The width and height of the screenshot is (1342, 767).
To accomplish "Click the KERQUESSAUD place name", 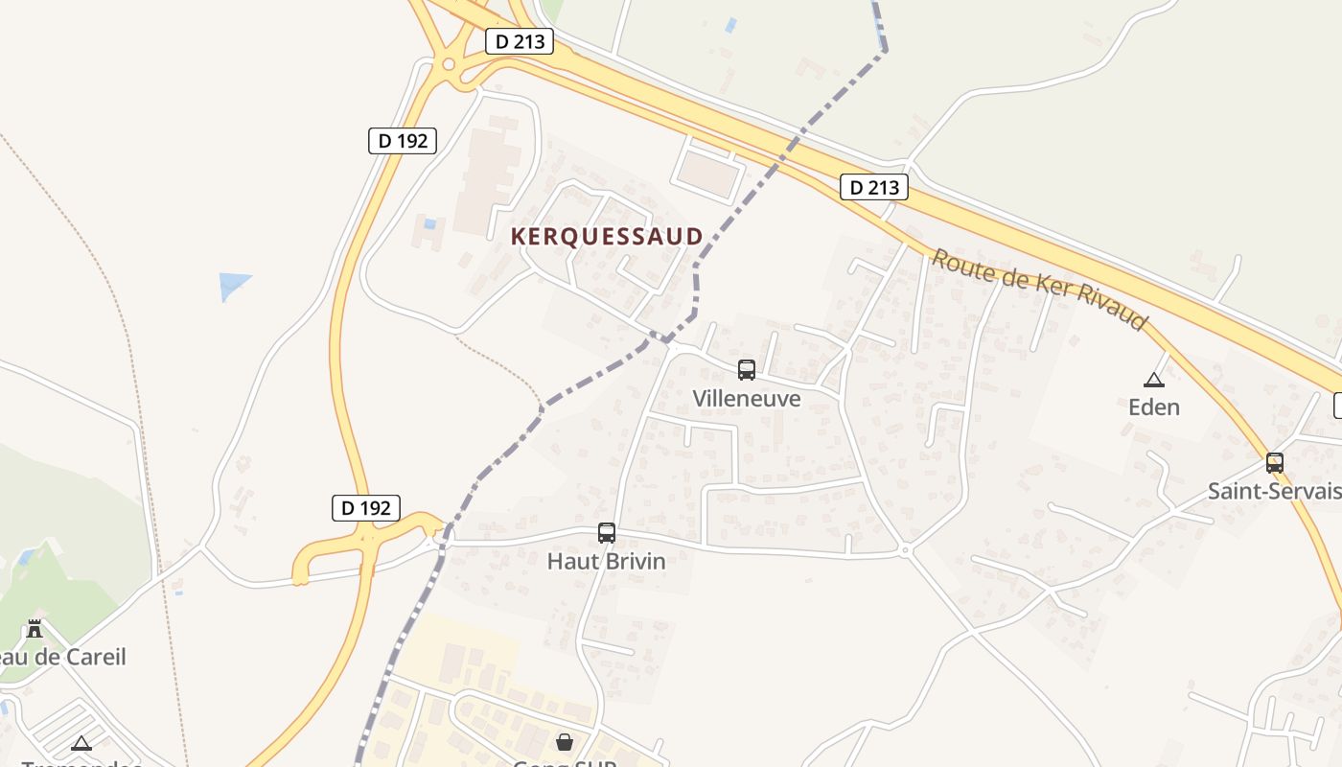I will click(x=607, y=236).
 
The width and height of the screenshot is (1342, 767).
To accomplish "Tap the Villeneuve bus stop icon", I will click(x=747, y=369).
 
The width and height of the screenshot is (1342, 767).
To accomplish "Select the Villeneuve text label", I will click(x=747, y=398).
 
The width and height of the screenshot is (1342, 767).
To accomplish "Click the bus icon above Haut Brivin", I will click(x=607, y=533).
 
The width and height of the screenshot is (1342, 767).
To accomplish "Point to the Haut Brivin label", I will click(x=606, y=561).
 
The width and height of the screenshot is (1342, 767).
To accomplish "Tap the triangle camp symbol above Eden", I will click(x=1153, y=380).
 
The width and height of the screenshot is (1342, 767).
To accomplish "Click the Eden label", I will click(x=1154, y=407).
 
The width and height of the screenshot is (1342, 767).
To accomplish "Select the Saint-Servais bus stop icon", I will click(x=1275, y=463).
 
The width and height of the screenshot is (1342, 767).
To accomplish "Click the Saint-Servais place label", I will click(x=1274, y=492).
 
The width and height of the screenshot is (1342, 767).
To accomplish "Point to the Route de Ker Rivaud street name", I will click(x=1040, y=289).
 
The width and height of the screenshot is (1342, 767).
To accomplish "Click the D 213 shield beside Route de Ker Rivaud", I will click(x=874, y=187).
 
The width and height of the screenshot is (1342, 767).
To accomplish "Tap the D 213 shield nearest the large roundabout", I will click(x=520, y=41).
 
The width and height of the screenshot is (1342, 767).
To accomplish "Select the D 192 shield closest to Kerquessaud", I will click(x=403, y=141).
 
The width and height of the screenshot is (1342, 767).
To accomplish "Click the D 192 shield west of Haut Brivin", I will click(x=366, y=508).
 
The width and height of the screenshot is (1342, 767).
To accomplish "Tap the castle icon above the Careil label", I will click(x=35, y=629).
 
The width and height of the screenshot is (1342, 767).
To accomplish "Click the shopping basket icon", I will click(x=565, y=742).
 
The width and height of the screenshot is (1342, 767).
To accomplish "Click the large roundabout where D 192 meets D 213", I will click(x=448, y=65).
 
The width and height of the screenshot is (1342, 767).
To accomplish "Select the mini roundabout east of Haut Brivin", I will click(x=905, y=550).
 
